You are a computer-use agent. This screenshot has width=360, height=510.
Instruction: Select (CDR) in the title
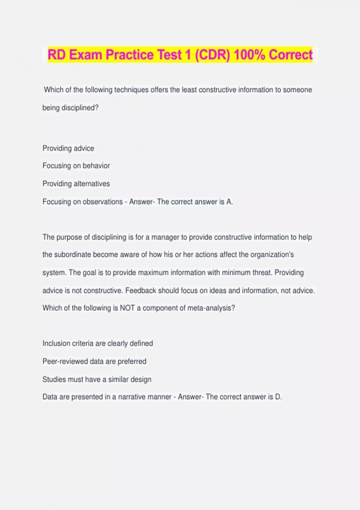click(212, 55)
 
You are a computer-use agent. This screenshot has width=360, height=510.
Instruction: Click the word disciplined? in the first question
click(80, 108)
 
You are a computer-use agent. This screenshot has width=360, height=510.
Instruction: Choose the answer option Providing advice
click(68, 148)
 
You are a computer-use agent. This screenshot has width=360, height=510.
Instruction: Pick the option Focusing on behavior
click(76, 166)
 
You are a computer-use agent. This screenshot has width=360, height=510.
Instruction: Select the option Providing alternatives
click(76, 184)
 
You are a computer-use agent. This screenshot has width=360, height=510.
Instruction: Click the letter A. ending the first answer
click(229, 202)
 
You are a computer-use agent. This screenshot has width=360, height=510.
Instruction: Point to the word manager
click(165, 237)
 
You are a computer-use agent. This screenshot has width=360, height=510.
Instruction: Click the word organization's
click(272, 255)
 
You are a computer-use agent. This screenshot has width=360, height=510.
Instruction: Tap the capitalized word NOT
click(127, 308)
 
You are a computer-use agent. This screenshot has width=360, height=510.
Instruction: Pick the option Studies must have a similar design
click(97, 379)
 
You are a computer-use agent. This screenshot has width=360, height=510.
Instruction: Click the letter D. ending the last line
click(278, 397)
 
